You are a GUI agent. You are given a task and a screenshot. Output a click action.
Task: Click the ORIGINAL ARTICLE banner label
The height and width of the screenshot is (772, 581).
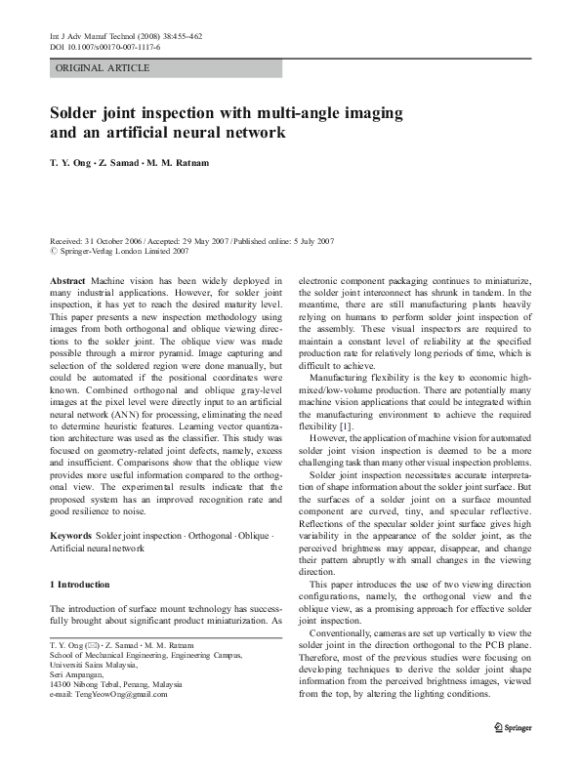102,67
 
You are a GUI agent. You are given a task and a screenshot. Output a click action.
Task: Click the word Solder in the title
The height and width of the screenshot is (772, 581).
78,113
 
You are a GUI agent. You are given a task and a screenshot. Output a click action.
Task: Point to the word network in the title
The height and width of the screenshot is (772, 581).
252,135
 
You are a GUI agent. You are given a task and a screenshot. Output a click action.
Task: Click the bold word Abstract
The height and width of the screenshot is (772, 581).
66,280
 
